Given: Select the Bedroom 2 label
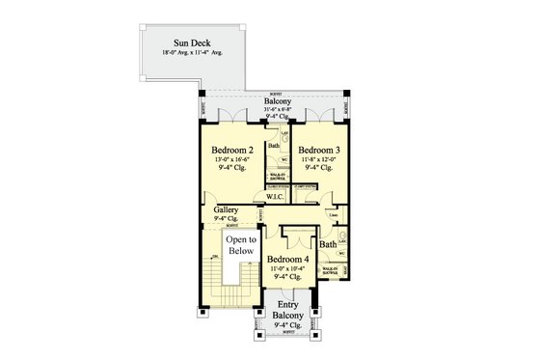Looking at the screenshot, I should coord(232,151).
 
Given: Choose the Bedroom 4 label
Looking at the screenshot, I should coord(286,260).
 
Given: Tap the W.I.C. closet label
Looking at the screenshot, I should coord(275,197).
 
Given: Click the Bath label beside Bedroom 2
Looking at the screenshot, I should coord(274,146).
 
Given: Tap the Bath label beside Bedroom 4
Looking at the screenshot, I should coord(328,245).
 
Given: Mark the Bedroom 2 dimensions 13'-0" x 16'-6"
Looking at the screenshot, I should coord(232,159).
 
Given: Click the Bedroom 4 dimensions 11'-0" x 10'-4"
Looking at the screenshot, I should coord(286,268).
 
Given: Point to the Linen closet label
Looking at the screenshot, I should coord(332,214).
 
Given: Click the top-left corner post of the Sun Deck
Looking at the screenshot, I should coord(142,25).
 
